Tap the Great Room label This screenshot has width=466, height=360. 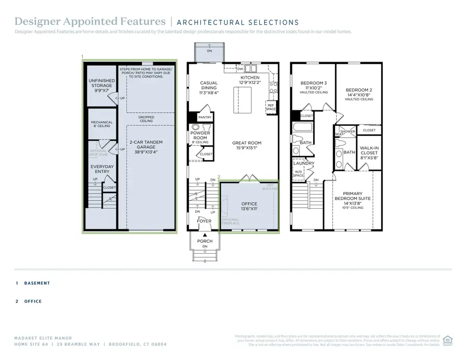tap(246, 146)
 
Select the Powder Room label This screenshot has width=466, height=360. tap(200, 136)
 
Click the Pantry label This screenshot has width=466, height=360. tap(205, 118)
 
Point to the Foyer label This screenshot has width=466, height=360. tap(204, 221)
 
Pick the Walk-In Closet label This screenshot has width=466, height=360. tap(369, 150)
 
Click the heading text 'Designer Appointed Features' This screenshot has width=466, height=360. tap(90, 22)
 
